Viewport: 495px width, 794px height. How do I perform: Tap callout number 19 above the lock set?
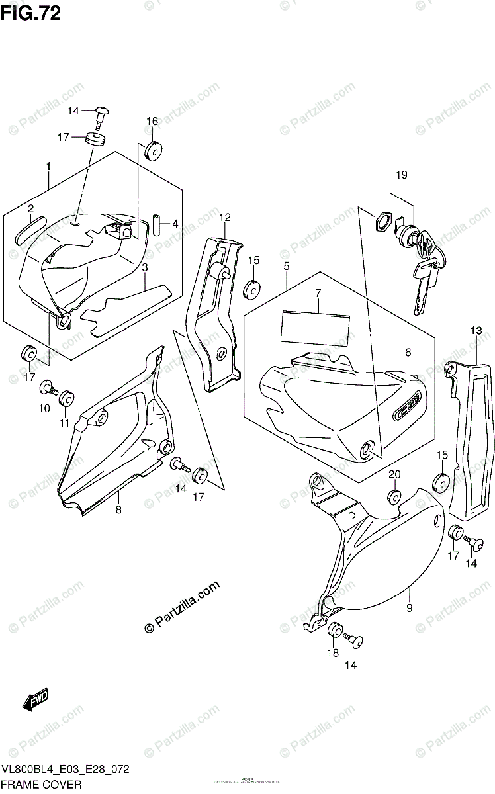402,175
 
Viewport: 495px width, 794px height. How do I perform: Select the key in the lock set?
424,281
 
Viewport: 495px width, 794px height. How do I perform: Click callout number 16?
152,121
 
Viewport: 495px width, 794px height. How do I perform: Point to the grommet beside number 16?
154,151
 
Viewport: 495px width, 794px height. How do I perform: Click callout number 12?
225,217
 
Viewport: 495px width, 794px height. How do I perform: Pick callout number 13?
476,331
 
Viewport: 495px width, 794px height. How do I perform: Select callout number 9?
410,607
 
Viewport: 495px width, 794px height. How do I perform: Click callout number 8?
118,509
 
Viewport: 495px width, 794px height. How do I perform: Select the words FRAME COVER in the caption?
41,785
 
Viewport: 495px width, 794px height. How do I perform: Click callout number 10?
44,408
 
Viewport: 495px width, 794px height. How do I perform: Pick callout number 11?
65,423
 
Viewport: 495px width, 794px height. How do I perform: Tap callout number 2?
31,209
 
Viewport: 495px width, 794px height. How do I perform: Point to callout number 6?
408,352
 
